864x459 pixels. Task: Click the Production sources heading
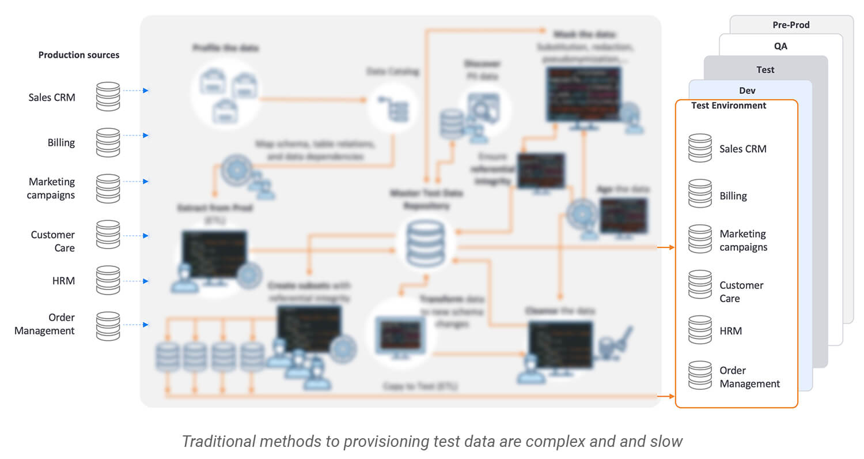pyautogui.click(x=79, y=55)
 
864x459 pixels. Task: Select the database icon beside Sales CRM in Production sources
pyautogui.click(x=108, y=96)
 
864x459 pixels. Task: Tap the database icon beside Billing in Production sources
pyautogui.click(x=108, y=142)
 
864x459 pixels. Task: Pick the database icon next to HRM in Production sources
pyautogui.click(x=108, y=280)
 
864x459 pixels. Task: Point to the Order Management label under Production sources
pyautogui.click(x=45, y=324)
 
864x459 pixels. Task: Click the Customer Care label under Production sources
pyautogui.click(x=53, y=241)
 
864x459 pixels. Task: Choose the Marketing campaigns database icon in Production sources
pyautogui.click(x=108, y=188)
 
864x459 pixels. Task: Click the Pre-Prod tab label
pyautogui.click(x=791, y=25)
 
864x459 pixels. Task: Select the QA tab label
pyautogui.click(x=780, y=46)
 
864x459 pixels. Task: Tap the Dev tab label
pyautogui.click(x=747, y=91)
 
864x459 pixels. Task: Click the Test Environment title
pyautogui.click(x=729, y=106)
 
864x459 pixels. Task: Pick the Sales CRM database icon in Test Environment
pyautogui.click(x=700, y=148)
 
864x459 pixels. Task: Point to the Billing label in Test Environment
pyautogui.click(x=733, y=196)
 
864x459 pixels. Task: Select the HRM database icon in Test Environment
pyautogui.click(x=700, y=330)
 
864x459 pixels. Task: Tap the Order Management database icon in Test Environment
pyautogui.click(x=700, y=375)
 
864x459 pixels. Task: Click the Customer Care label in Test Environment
pyautogui.click(x=741, y=292)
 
